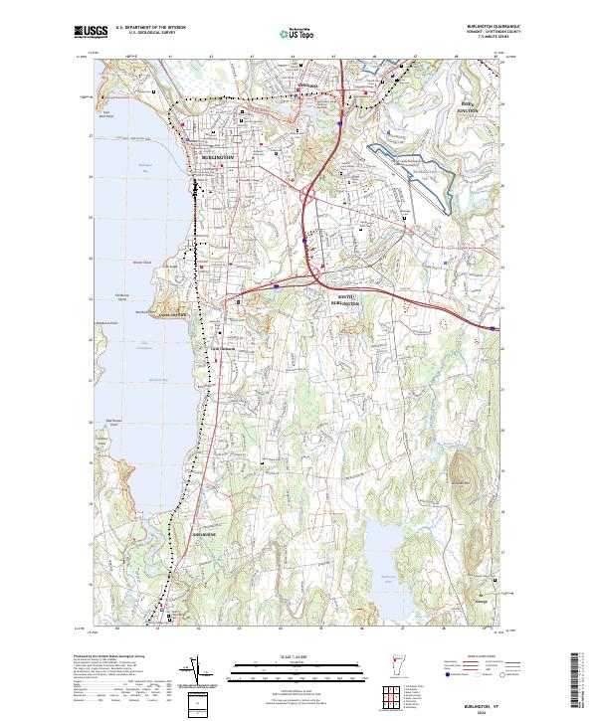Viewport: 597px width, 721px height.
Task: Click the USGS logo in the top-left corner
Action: tap(90, 32)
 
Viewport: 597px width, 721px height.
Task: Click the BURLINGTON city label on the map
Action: tap(216, 157)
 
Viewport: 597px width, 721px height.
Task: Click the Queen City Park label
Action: tap(177, 317)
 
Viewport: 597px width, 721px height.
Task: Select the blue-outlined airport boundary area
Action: tap(413, 169)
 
